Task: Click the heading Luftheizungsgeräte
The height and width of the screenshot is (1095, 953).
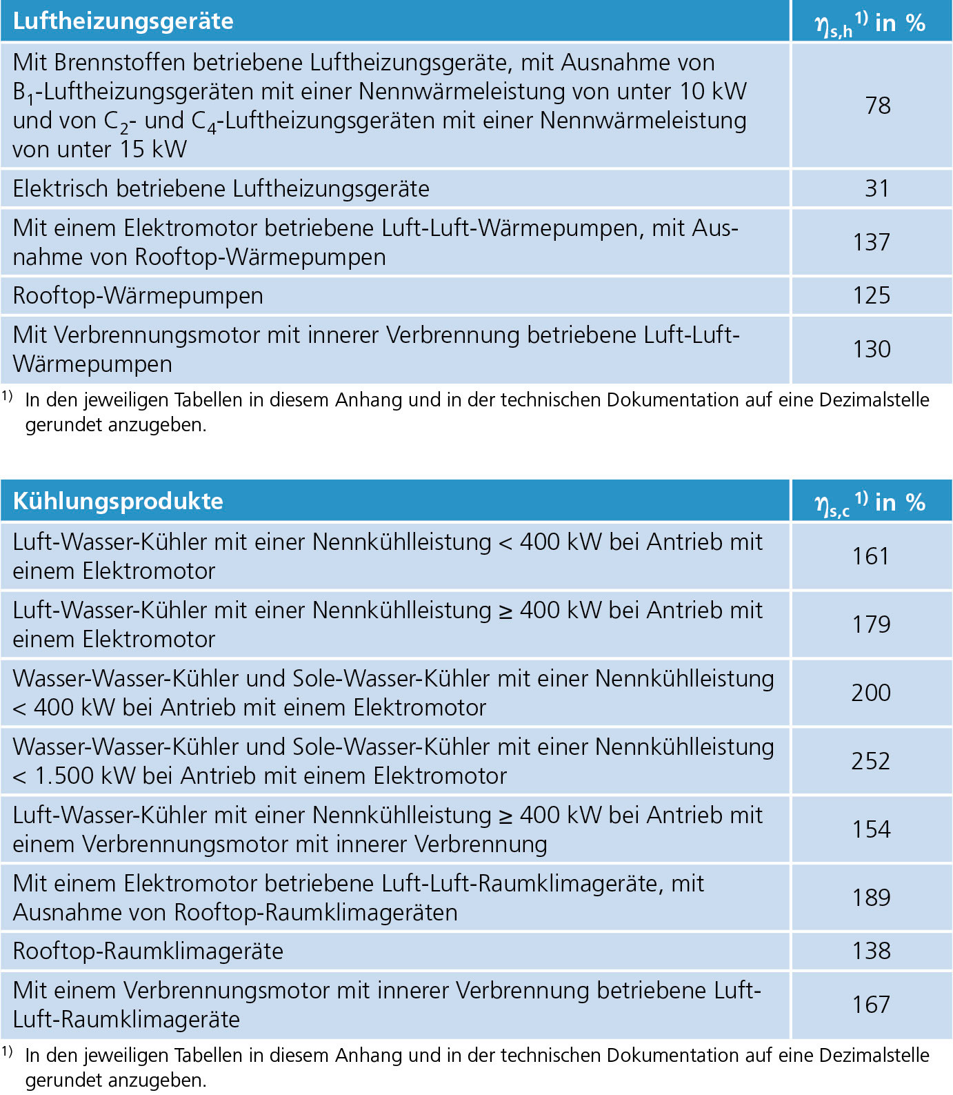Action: click(123, 21)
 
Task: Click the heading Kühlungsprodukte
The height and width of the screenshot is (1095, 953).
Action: click(118, 501)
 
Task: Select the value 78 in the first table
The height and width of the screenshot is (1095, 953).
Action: click(877, 106)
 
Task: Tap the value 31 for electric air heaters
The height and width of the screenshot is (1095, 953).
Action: click(877, 188)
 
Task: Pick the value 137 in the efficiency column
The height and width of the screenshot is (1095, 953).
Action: click(872, 242)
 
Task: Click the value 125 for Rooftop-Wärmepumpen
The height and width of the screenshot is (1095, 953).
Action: click(872, 295)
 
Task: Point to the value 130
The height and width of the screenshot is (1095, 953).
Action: click(872, 349)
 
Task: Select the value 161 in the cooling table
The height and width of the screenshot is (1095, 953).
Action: click(871, 556)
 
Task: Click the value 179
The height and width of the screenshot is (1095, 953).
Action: click(871, 624)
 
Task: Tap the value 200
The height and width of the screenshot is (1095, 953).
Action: click(871, 693)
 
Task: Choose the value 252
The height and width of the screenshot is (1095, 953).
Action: click(871, 761)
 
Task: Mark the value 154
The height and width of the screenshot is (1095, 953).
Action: click(871, 829)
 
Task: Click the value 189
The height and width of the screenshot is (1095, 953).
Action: click(871, 898)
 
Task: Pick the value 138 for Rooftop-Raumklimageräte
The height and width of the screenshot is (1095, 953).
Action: click(871, 951)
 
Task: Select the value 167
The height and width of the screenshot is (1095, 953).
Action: click(871, 1005)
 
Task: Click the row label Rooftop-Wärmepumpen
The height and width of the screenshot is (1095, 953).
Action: click(138, 296)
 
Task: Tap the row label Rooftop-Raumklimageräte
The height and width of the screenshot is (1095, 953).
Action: click(148, 951)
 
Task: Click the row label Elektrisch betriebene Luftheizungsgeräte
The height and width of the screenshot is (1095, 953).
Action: click(221, 189)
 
